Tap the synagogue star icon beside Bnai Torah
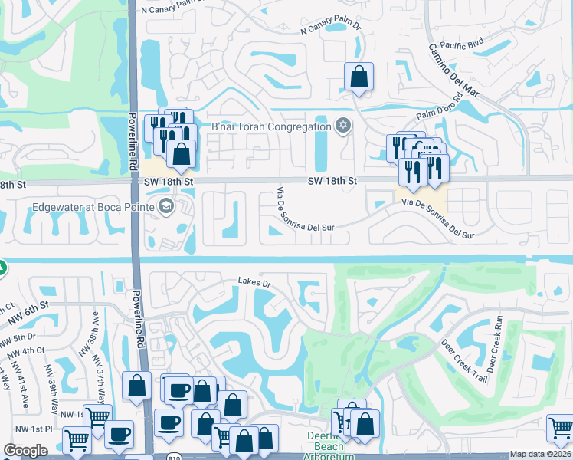click(343, 125)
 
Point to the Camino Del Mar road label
click(455, 70)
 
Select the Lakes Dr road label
click(255, 283)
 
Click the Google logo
click(25, 451)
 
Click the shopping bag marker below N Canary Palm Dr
click(359, 77)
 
